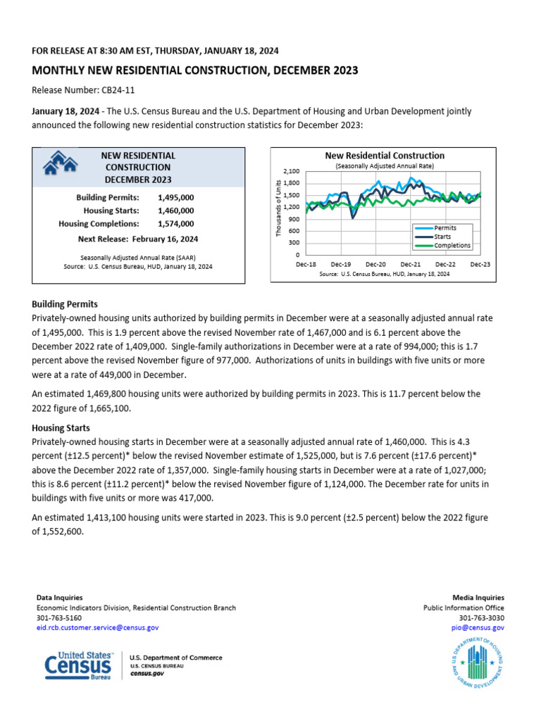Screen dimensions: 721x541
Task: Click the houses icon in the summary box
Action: pos(61,165)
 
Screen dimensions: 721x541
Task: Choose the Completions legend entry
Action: pos(452,246)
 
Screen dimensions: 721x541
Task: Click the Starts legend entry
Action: pos(443,237)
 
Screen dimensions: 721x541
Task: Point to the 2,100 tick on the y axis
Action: pos(291,171)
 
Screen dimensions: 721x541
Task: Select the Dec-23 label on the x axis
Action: pos(480,263)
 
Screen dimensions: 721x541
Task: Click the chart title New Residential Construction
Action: pos(384,155)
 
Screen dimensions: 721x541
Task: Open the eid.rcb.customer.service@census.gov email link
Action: pos(97,627)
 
